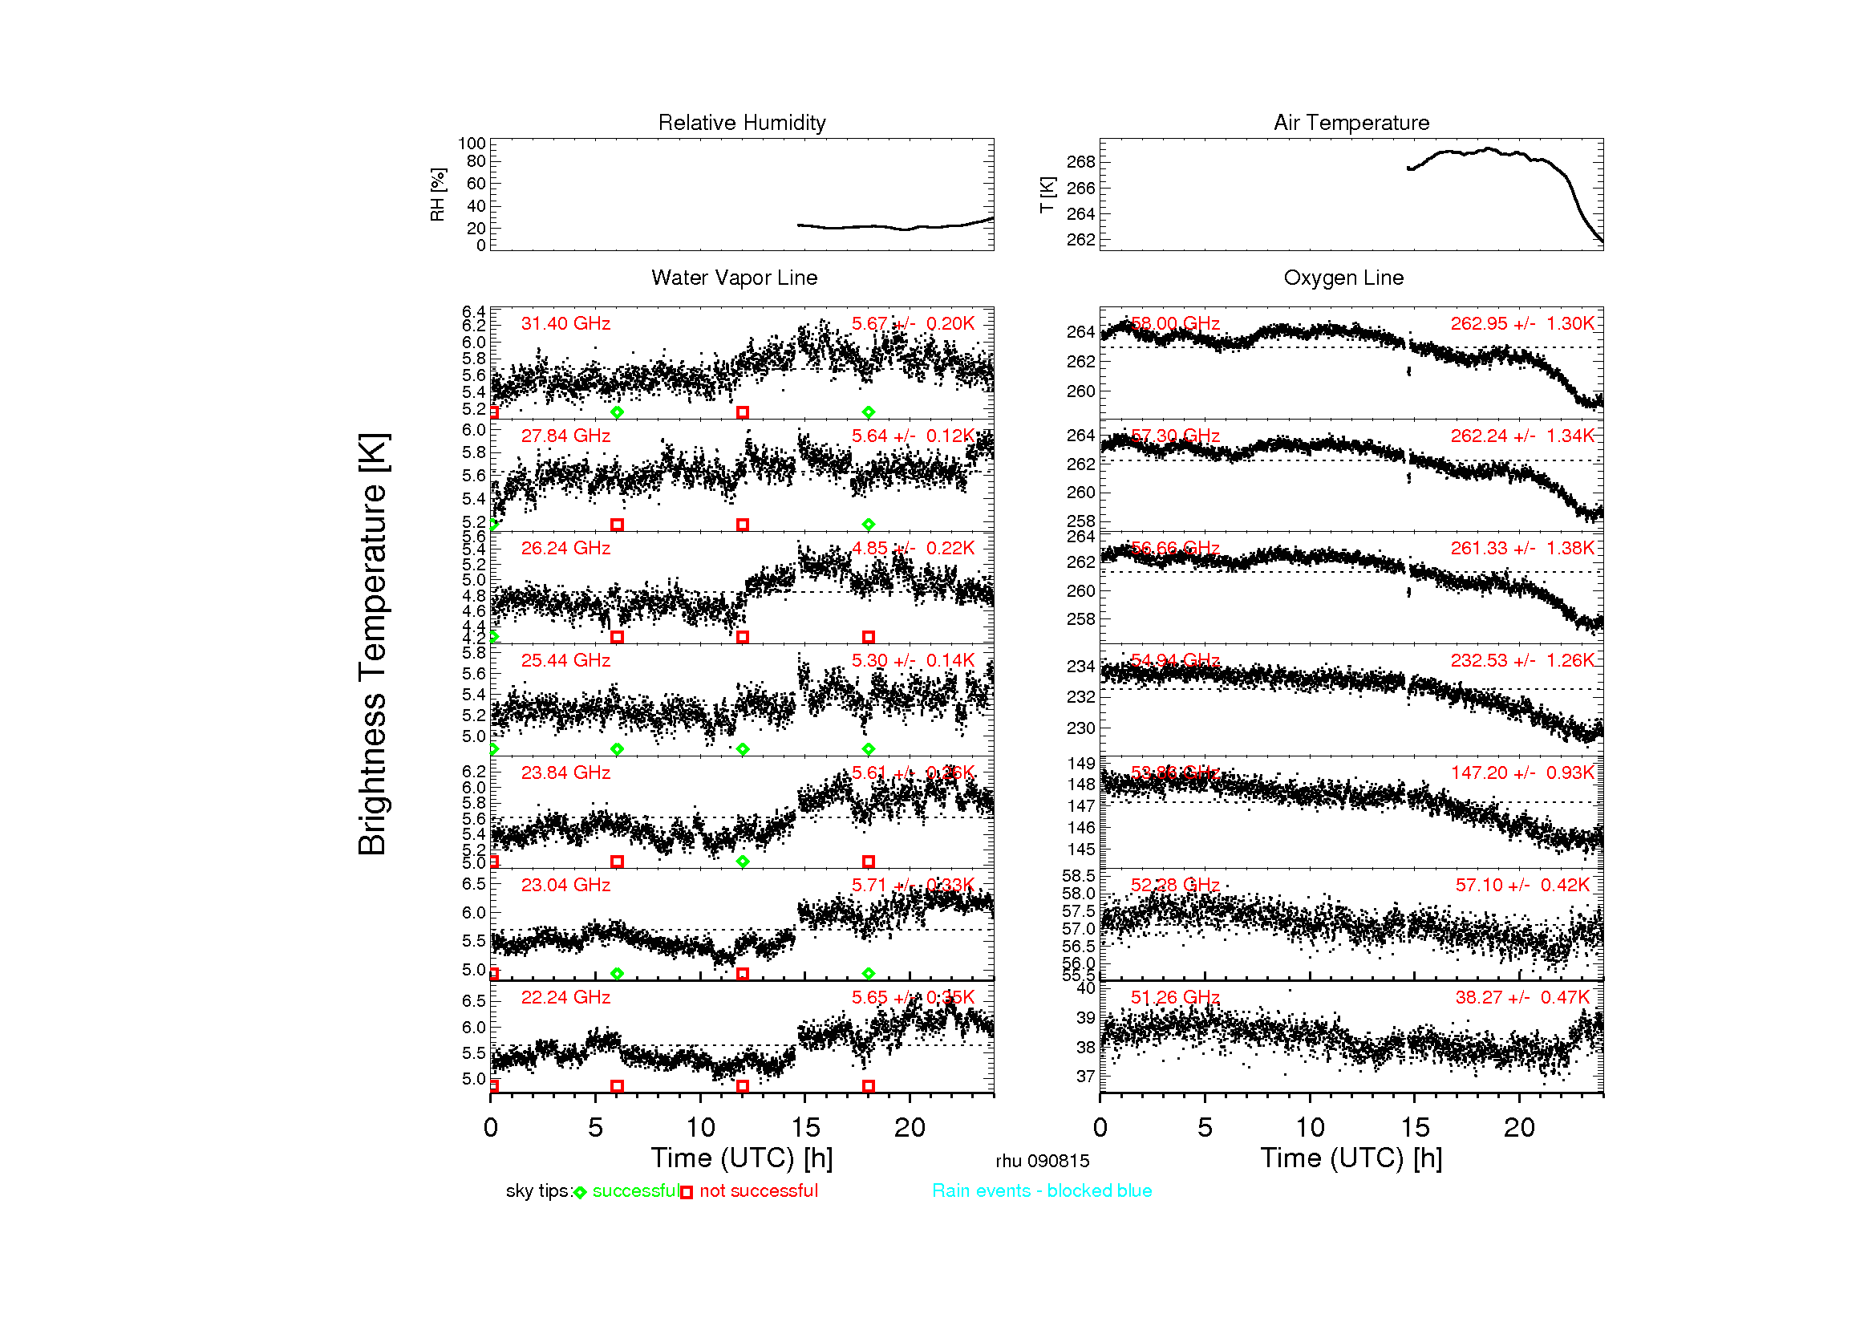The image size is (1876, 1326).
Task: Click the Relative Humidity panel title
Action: point(741,123)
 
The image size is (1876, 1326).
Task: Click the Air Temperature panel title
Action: point(1351,123)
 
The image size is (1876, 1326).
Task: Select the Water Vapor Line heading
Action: point(734,278)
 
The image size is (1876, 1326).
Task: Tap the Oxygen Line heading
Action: point(1343,278)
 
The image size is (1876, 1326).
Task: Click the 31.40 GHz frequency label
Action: point(565,323)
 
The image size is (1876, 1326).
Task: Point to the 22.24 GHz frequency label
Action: point(565,997)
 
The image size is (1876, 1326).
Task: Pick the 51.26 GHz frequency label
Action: point(1174,997)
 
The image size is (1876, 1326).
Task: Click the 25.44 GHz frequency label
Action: point(565,660)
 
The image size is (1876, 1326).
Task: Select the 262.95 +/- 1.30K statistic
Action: point(1521,323)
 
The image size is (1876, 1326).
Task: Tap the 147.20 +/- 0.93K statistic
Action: point(1521,772)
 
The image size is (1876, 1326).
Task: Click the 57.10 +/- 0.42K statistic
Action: point(1521,885)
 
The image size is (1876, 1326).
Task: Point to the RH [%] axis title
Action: point(438,194)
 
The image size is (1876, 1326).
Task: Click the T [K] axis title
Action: point(1047,195)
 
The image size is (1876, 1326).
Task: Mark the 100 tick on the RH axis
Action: point(472,144)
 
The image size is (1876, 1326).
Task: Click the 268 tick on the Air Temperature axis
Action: point(1080,162)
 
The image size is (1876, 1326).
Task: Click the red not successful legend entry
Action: point(757,1190)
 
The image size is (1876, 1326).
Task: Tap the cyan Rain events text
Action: point(1041,1190)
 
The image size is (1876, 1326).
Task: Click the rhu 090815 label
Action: point(1042,1161)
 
